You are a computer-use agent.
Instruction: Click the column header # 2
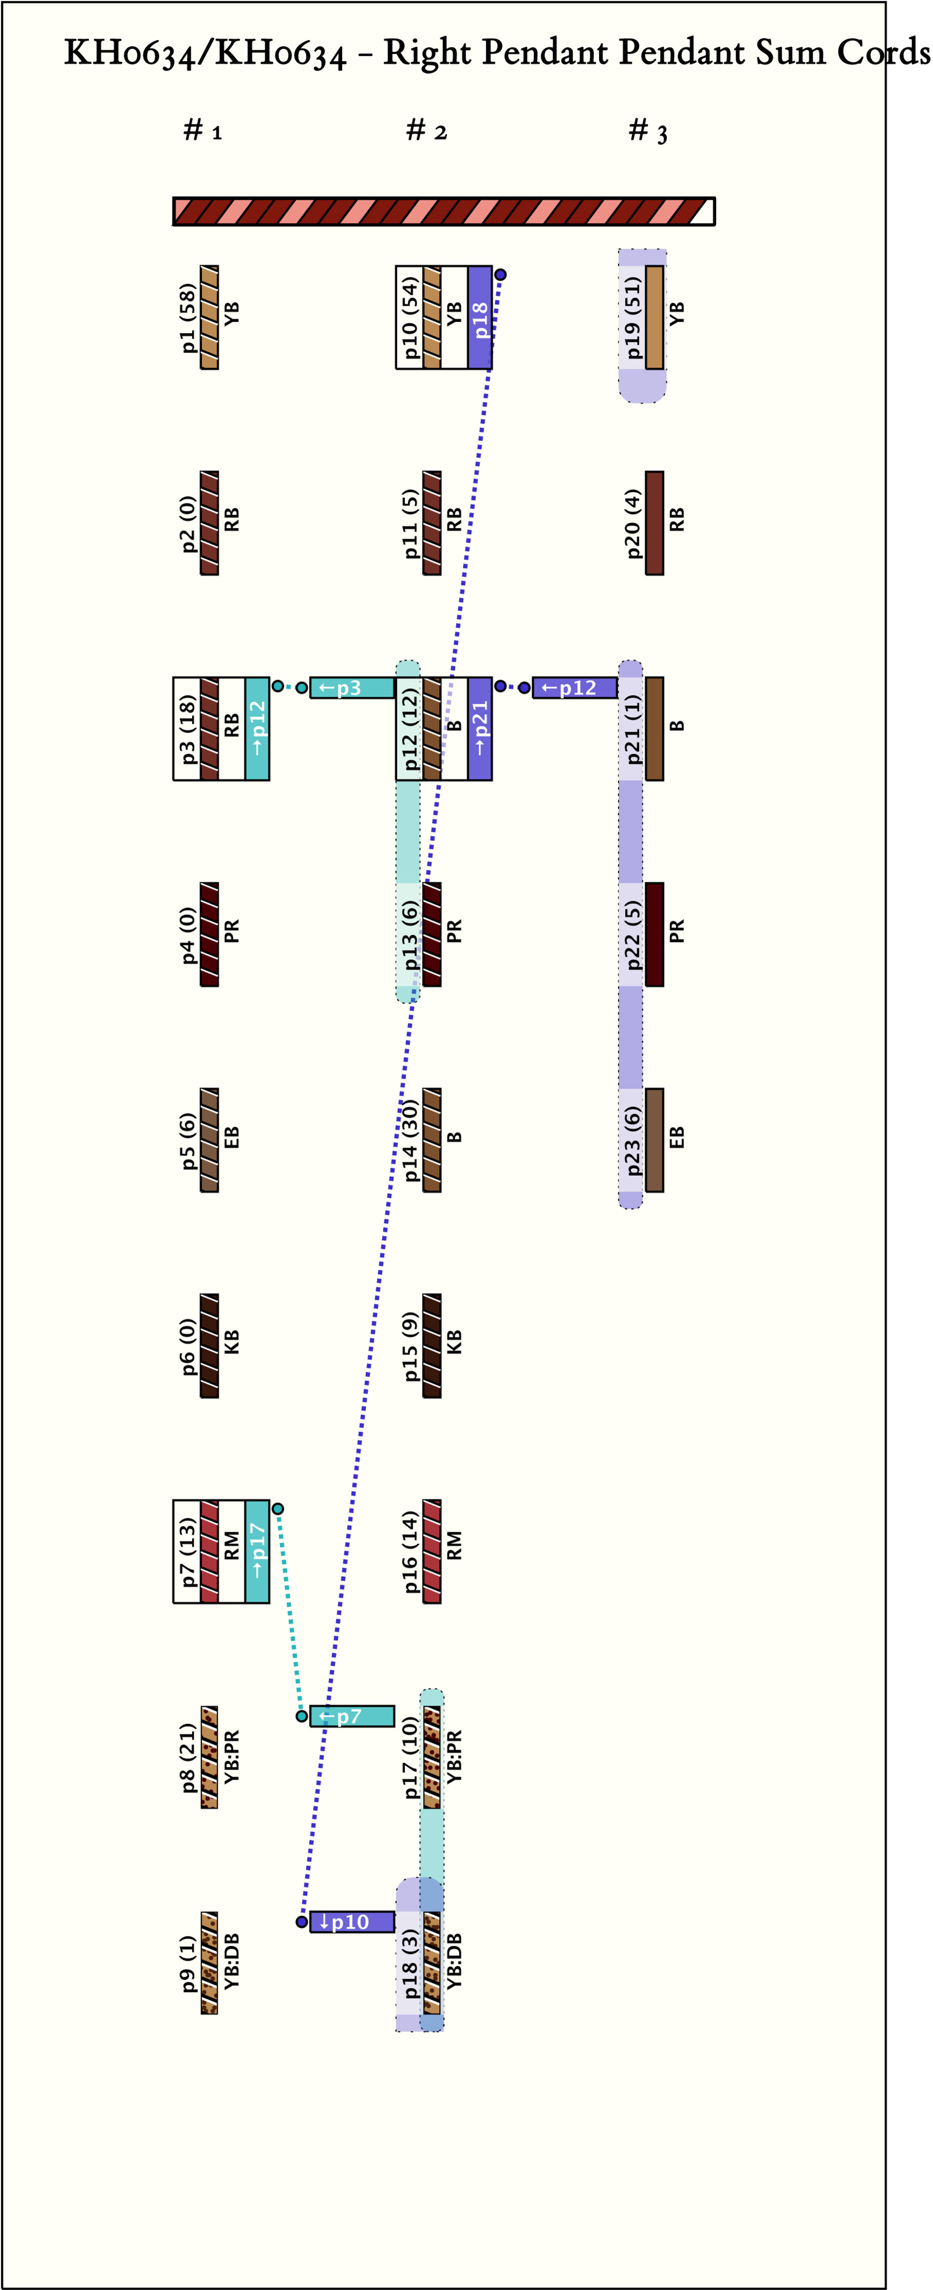[426, 132]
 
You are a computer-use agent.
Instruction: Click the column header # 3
[648, 132]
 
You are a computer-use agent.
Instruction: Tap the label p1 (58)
[188, 317]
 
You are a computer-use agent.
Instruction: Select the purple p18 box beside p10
[480, 317]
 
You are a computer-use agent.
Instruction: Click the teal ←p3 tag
[352, 688]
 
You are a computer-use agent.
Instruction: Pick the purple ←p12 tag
[574, 688]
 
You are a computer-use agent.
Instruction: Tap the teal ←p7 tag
[352, 1716]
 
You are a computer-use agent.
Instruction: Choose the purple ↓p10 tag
[352, 1922]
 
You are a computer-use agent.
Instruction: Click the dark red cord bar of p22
[654, 934]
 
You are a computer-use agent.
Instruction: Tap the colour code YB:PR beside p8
[231, 1758]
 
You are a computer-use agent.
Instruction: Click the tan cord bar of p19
[654, 317]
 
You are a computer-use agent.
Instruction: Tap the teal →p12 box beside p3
[257, 729]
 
